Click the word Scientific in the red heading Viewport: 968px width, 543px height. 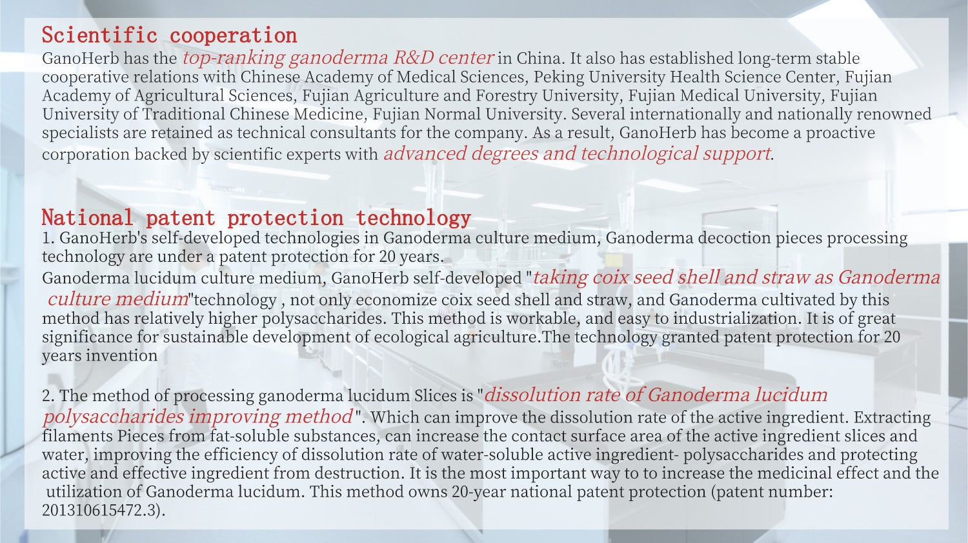(x=99, y=35)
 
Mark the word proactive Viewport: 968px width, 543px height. (x=840, y=133)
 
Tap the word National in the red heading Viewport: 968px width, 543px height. (x=87, y=218)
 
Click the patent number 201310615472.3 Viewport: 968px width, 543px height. (x=103, y=511)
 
